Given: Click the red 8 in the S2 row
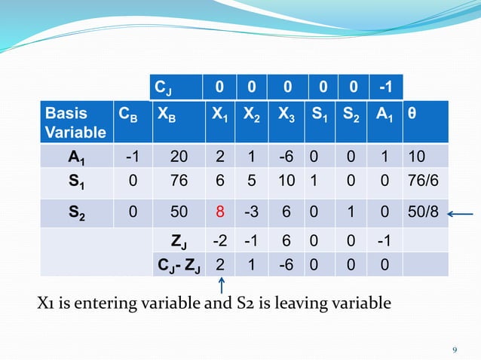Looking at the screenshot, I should pyautogui.click(x=219, y=214).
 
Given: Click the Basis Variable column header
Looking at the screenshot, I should pyautogui.click(x=75, y=123).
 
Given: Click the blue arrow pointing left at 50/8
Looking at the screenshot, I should pyautogui.click(x=461, y=214).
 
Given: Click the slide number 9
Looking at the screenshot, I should pyautogui.click(x=455, y=349).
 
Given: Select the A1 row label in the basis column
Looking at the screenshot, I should pyautogui.click(x=75, y=157).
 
